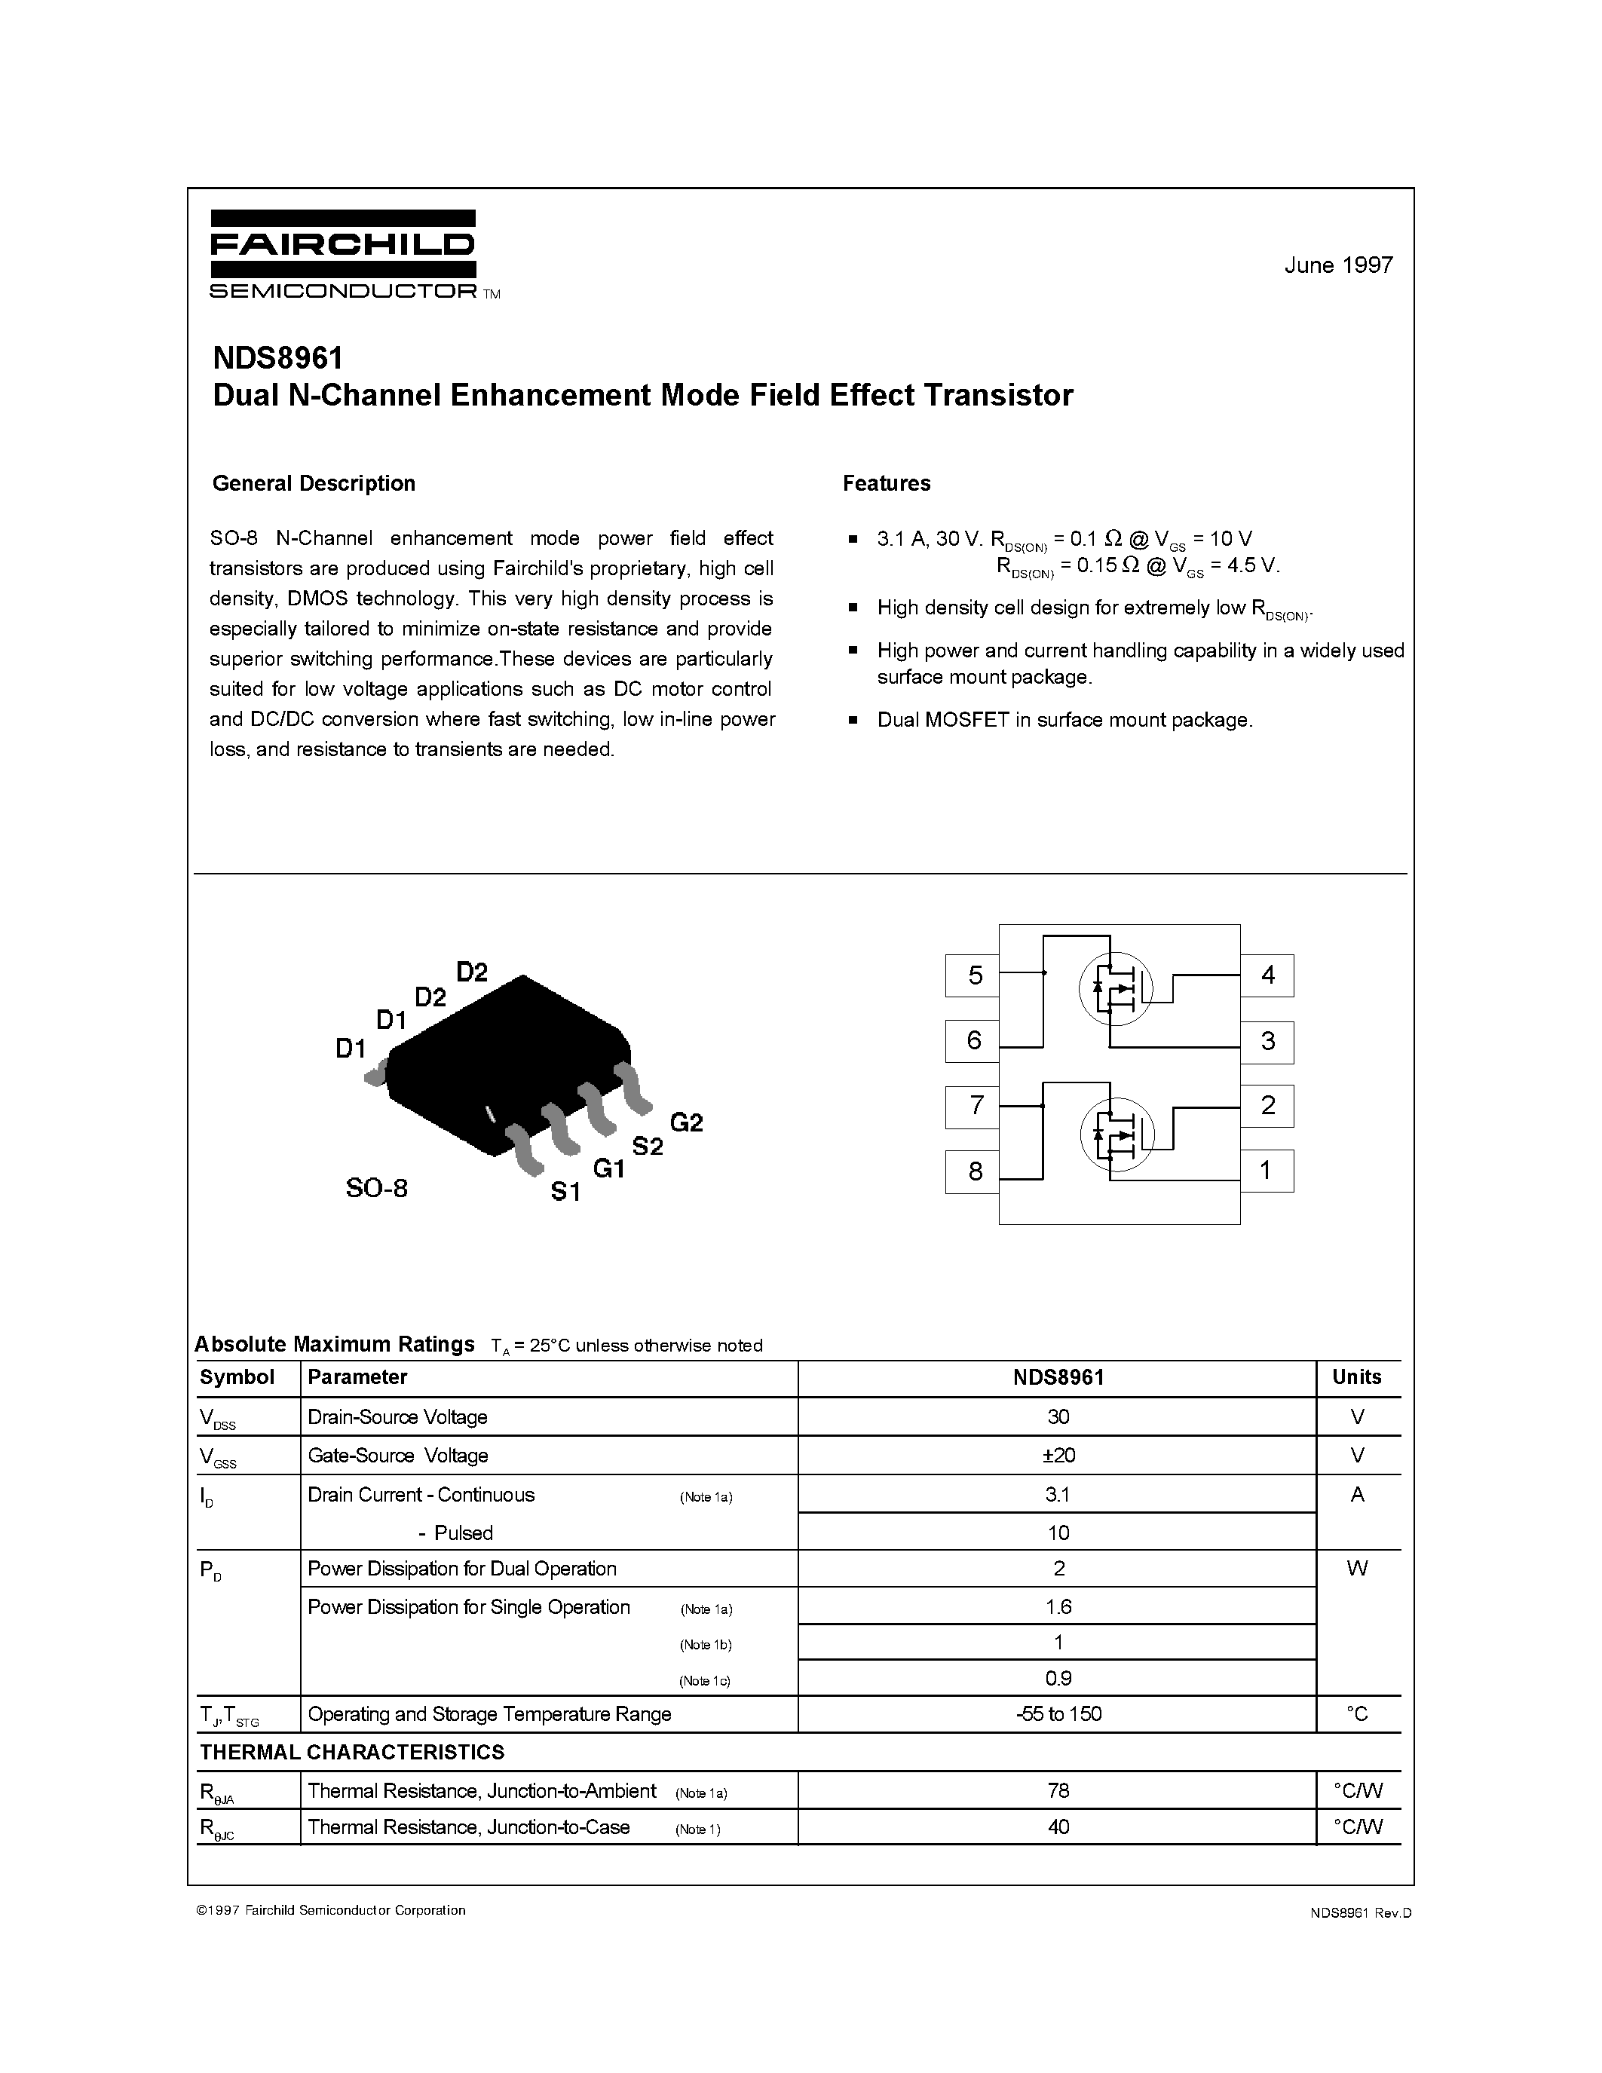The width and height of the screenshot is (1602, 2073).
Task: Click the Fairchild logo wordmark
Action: (342, 245)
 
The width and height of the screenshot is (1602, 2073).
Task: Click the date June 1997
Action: (1338, 266)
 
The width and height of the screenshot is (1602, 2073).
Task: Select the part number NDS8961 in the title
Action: (277, 359)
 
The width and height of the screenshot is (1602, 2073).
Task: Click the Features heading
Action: (887, 483)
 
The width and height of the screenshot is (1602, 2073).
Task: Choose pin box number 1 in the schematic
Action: (1266, 1171)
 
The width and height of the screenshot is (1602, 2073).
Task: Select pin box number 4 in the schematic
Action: (1267, 975)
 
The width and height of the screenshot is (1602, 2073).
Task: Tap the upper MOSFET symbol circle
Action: (1114, 988)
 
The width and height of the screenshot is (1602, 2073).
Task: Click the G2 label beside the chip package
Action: (686, 1123)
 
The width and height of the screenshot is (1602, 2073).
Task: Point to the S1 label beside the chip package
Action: (565, 1191)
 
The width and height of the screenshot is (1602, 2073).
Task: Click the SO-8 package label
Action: (377, 1187)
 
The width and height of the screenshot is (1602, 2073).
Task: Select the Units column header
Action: (1357, 1377)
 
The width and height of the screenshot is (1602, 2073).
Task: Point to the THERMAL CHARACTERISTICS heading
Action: (352, 1751)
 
